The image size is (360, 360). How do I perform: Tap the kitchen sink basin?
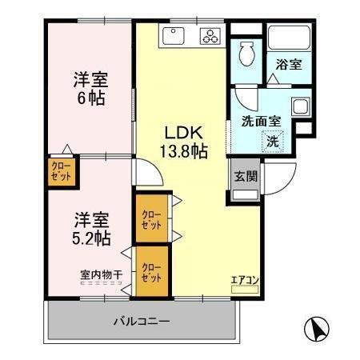tap(174, 35)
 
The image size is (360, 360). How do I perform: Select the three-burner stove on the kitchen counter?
tap(210, 36)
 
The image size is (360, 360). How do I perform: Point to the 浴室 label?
tap(289, 65)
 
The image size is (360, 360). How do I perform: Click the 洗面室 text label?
tap(261, 122)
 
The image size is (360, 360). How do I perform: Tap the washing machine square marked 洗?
tap(273, 141)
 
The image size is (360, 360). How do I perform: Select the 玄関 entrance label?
tap(245, 178)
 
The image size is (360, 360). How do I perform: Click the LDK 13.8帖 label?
tap(186, 140)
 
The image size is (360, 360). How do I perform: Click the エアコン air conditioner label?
tap(244, 279)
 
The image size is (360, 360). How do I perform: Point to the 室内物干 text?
tap(102, 275)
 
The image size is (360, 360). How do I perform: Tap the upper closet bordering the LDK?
tap(152, 218)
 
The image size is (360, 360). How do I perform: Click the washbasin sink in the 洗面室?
tap(299, 107)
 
